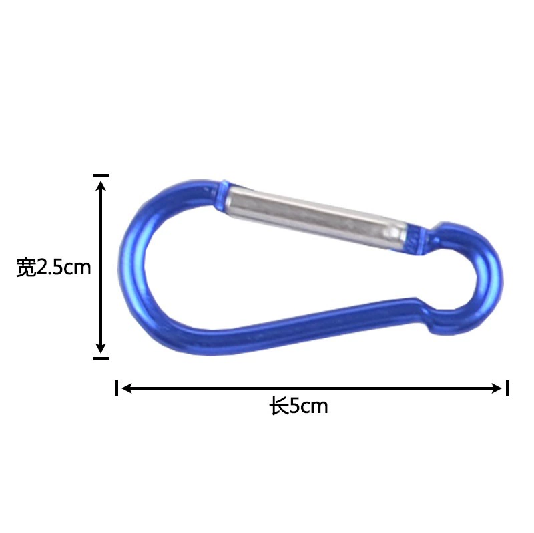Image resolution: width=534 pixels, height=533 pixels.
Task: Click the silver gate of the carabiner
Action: tap(316, 216)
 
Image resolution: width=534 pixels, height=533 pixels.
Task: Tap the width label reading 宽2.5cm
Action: tap(54, 268)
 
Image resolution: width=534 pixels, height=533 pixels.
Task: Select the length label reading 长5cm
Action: tap(298, 406)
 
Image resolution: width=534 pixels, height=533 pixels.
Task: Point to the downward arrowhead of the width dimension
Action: tap(101, 348)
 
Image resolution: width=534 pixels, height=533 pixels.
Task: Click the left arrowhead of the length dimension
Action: tap(127, 388)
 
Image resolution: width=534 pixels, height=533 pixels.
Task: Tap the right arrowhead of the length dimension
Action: tap(496, 388)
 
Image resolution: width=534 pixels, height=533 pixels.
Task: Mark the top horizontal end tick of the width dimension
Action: tap(101, 175)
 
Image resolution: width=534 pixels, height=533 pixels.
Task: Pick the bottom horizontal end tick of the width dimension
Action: tap(101, 358)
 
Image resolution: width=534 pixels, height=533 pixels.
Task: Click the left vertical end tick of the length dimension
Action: tap(117, 388)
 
